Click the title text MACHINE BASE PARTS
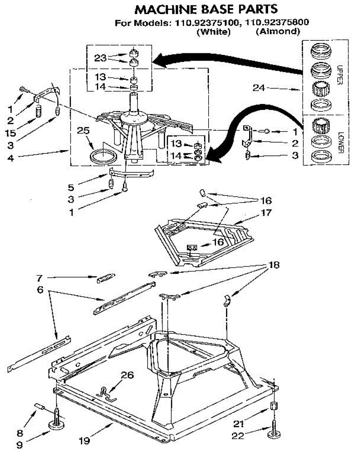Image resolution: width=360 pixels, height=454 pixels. click(206, 8)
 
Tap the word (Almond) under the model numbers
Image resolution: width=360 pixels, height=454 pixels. click(277, 32)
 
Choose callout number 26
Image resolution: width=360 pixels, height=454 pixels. click(127, 375)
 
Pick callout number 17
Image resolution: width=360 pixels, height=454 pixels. click(266, 213)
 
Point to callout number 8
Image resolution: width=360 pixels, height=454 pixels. click(20, 433)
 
